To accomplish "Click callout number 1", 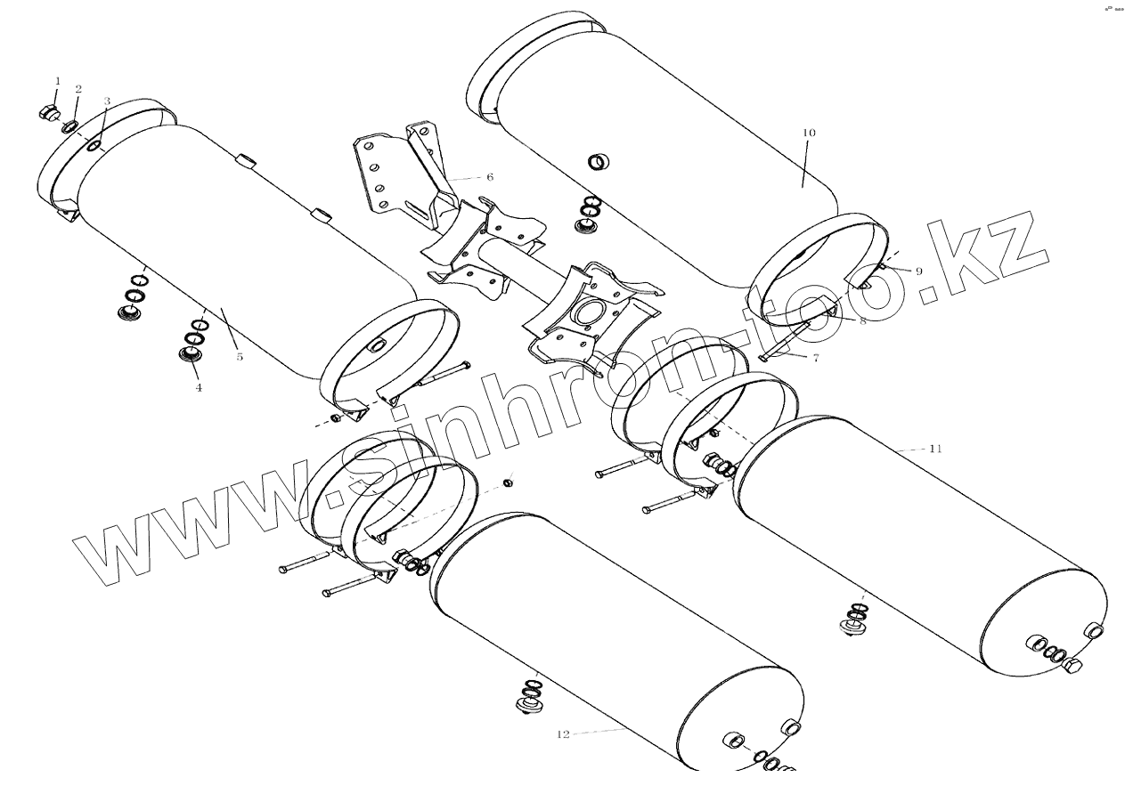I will click(58, 81).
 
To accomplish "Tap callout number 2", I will click(78, 89).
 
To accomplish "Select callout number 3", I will click(107, 101).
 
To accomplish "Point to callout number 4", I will click(199, 387).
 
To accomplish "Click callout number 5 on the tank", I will click(240, 357).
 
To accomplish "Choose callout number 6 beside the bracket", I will click(490, 177).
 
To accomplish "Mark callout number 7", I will click(814, 357).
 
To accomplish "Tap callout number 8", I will click(862, 321).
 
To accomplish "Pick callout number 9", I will click(894, 271).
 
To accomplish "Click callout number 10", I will click(808, 133).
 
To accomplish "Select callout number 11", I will click(934, 449).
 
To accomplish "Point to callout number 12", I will click(562, 734).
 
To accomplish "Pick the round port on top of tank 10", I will click(599, 162).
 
